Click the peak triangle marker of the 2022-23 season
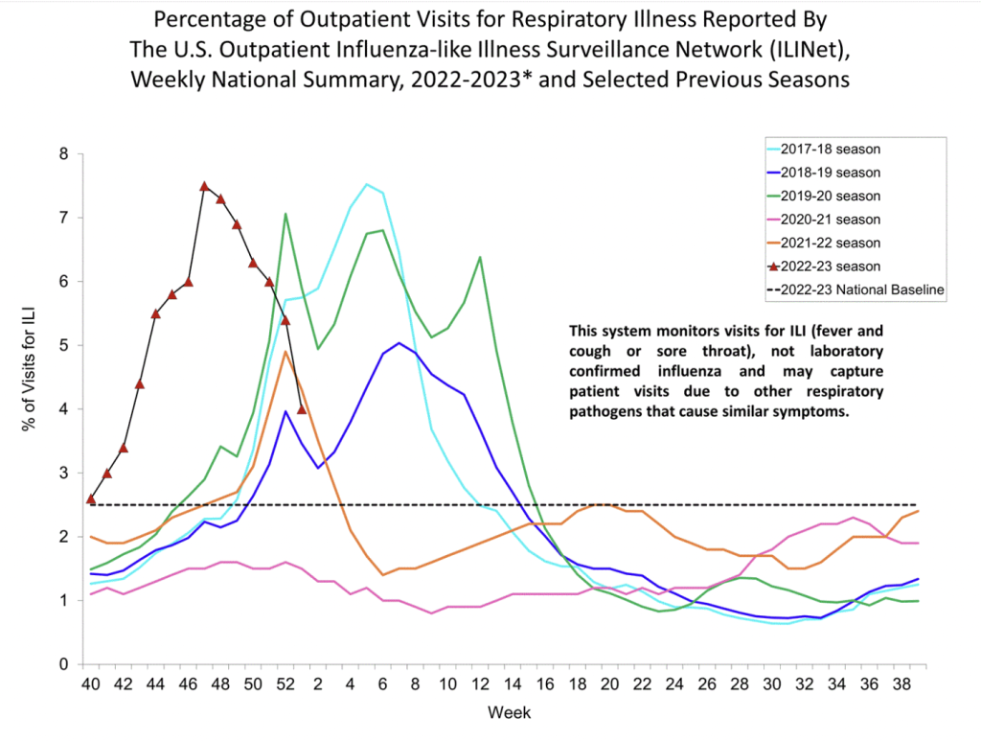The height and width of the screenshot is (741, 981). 204,186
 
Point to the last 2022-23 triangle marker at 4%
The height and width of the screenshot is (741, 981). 302,409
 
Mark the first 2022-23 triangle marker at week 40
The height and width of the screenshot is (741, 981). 90,498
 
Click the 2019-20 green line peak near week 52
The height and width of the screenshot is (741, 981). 285,214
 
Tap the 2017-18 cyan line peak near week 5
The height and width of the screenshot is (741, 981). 367,184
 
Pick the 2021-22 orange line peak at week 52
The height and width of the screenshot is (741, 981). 285,352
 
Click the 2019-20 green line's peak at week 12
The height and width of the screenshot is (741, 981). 480,257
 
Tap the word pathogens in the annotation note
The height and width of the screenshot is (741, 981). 603,413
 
